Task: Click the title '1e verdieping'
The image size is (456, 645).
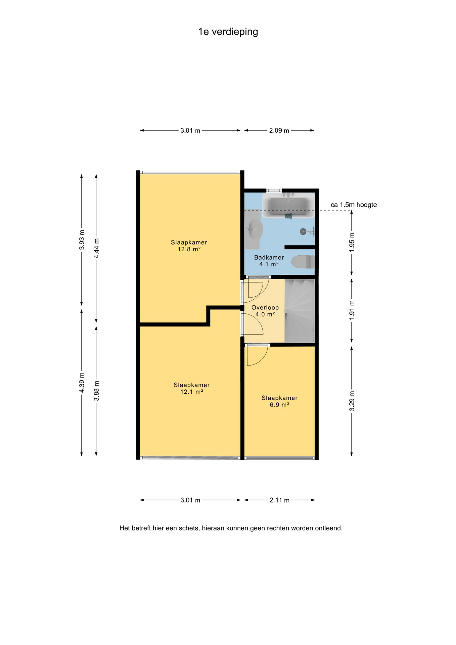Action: coord(228,32)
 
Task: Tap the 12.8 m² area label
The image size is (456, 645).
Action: coord(189,249)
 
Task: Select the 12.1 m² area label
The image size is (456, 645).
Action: coord(192,392)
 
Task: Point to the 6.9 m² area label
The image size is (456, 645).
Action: coord(279,405)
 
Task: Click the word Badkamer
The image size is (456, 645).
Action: coord(269,258)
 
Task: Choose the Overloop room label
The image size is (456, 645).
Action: coord(265,308)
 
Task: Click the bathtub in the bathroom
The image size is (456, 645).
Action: coord(288,205)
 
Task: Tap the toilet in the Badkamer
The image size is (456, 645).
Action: coord(303,262)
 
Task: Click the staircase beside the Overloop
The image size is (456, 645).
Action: coord(300,311)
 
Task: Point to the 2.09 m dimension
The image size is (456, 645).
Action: coord(279,130)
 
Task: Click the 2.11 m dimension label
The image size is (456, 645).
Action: coord(279,500)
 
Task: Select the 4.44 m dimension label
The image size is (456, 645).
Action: coord(96,248)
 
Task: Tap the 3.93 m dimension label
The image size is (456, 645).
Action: coord(82,240)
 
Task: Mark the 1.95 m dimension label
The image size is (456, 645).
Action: coord(352,242)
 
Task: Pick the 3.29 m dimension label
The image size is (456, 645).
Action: coord(352,401)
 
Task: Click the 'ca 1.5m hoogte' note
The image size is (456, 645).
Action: coord(354,205)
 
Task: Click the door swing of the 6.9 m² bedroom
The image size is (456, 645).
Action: coord(257,355)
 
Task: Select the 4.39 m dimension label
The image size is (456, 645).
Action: coord(82,383)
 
